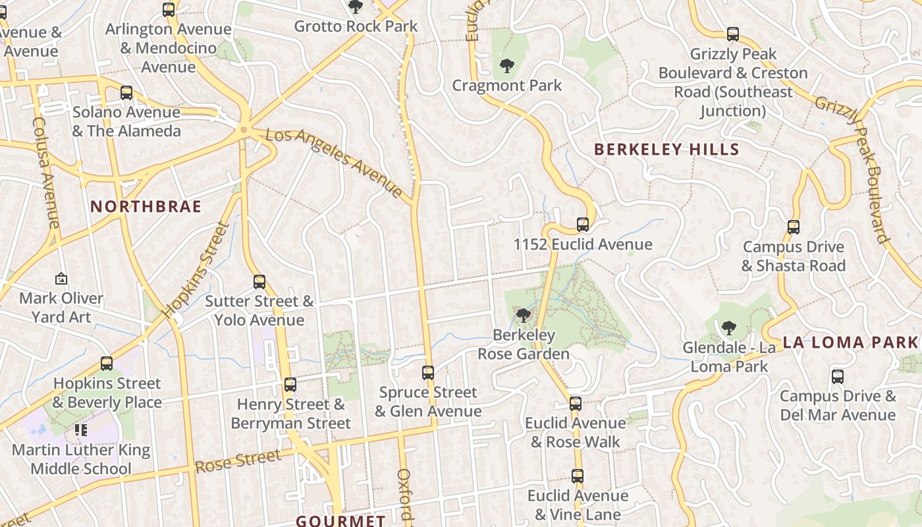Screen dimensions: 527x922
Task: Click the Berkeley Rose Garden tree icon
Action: [x=524, y=316]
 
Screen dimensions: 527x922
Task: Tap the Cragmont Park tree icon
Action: [x=506, y=66]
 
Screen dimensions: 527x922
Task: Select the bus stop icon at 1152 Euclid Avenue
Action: [x=583, y=225]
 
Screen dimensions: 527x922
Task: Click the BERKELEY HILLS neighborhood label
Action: [x=667, y=150]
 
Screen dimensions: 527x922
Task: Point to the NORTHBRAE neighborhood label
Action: [x=146, y=207]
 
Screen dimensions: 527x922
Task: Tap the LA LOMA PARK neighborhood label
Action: [x=850, y=343]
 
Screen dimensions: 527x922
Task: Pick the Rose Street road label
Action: [x=238, y=459]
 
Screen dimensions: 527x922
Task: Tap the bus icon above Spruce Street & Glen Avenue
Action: [x=428, y=373]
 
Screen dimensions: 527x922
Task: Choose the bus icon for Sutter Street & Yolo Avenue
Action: [x=259, y=282]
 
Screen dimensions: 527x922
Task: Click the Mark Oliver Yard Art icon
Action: [x=61, y=279]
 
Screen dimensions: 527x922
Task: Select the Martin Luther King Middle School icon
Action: [x=81, y=430]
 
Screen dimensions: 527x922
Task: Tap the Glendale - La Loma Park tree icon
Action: [x=728, y=327]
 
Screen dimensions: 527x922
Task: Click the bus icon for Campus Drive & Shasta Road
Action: [x=794, y=227]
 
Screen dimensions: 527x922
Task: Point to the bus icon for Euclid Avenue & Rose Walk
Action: [x=576, y=403]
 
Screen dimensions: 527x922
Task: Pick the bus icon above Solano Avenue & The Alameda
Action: [x=126, y=93]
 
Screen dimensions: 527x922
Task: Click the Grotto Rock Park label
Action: [x=356, y=26]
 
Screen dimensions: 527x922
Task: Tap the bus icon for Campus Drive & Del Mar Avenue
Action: [x=838, y=377]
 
